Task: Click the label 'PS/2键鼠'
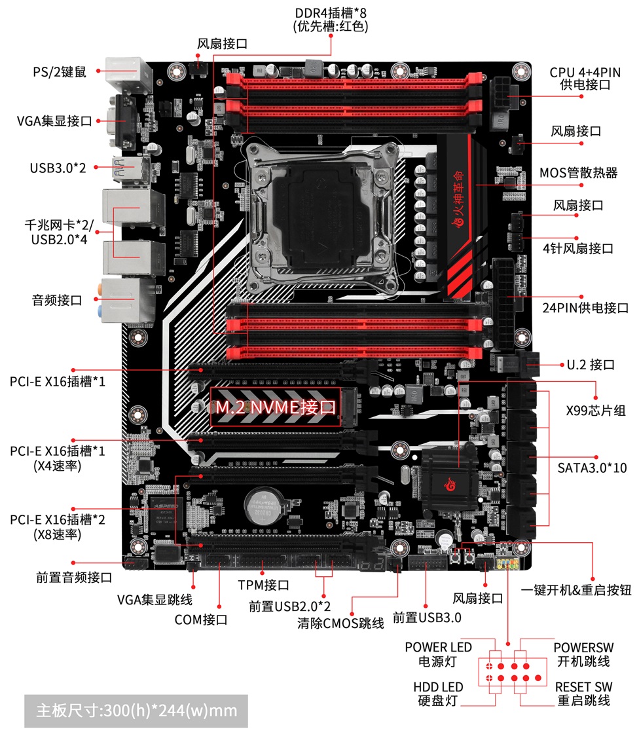(x=60, y=72)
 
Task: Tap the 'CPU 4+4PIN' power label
(x=585, y=72)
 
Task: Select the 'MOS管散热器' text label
(x=579, y=173)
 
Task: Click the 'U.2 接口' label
(x=591, y=365)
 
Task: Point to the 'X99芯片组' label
(x=596, y=411)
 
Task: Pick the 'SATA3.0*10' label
(x=593, y=468)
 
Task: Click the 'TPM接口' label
(x=263, y=585)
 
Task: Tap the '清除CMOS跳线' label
(x=340, y=623)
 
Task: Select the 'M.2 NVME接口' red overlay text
(x=276, y=407)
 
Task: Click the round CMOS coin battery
(x=263, y=506)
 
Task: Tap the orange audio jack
(x=100, y=288)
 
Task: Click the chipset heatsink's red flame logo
(x=450, y=484)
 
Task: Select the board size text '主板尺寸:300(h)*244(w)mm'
(x=136, y=711)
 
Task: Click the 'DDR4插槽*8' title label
(x=331, y=12)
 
